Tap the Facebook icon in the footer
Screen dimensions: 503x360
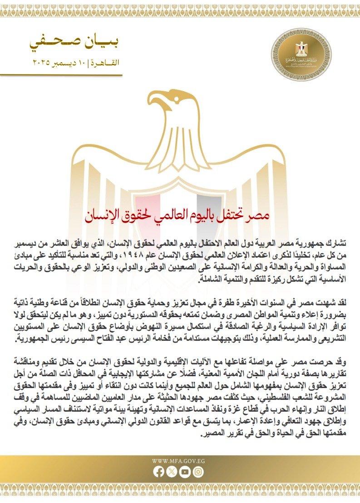159,472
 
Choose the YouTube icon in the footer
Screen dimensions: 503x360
185,472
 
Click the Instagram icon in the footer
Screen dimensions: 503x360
198,472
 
